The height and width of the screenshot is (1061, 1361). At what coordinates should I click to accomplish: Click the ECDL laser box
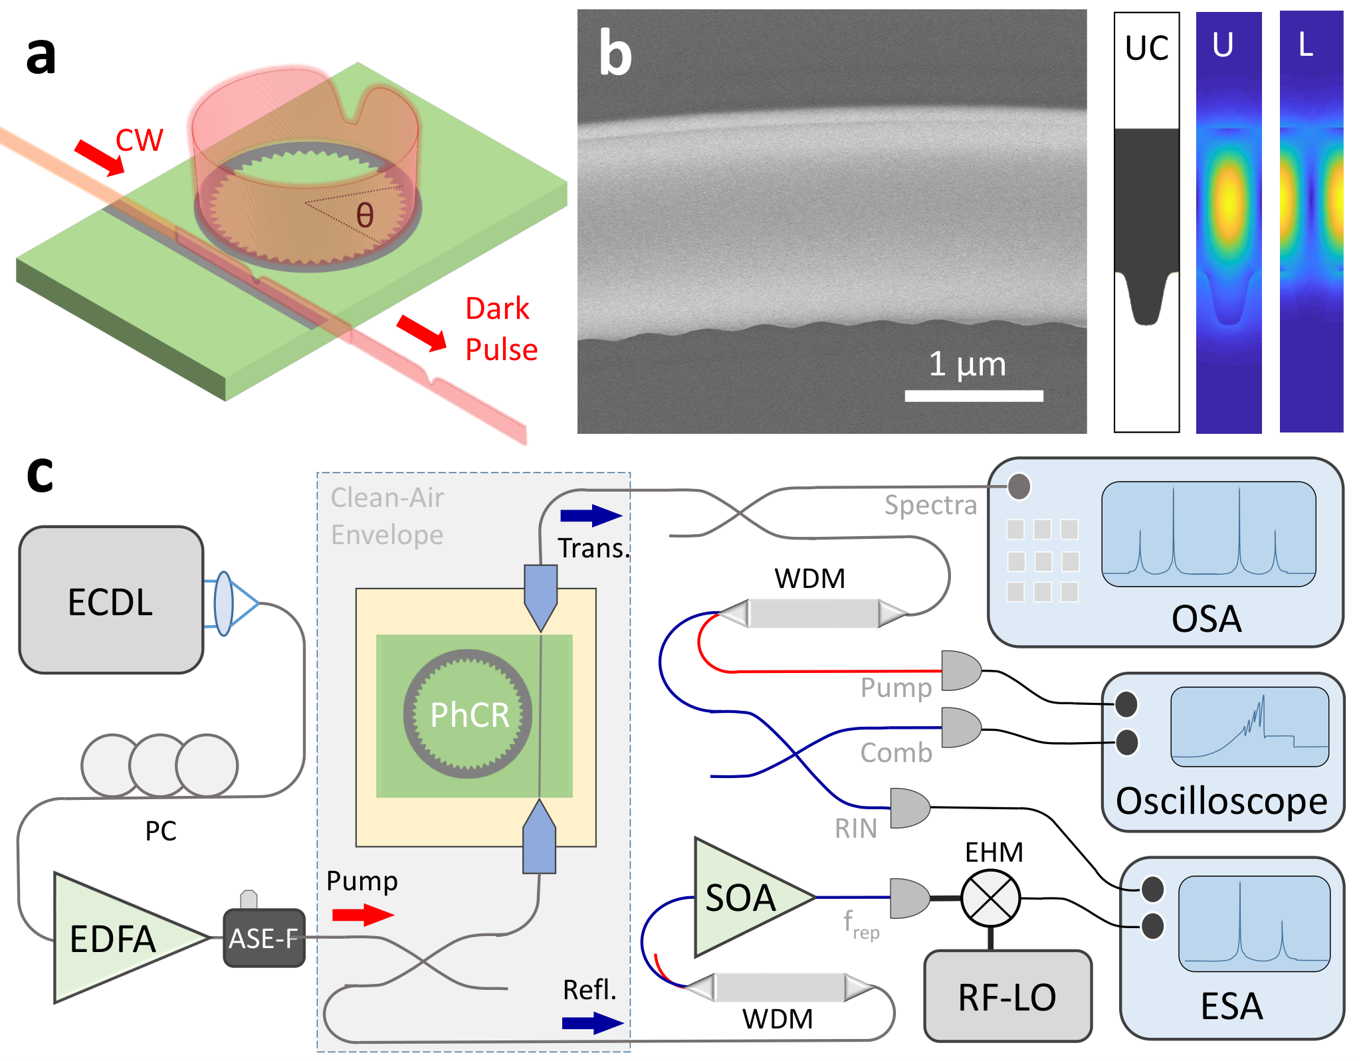pos(111,600)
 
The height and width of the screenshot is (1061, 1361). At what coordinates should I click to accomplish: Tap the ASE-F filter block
pos(264,937)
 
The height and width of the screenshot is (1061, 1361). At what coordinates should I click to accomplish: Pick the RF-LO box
pos(1007,996)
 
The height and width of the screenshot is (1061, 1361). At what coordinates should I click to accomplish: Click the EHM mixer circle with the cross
pos(990,898)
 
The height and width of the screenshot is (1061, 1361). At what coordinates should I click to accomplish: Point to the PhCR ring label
pos(469,715)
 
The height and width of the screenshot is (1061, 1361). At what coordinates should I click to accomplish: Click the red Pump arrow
pos(363,915)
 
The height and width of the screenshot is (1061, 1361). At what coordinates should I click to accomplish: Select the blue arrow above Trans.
pos(591,516)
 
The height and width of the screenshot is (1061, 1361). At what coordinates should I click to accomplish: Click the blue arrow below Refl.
pos(593,1023)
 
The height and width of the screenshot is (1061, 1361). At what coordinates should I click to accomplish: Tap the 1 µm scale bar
pos(974,396)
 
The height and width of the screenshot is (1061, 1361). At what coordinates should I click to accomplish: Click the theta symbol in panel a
pos(365,215)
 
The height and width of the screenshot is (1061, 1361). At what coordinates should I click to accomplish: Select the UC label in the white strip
pos(1146,48)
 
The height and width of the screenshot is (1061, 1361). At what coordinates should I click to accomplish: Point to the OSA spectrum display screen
pos(1209,534)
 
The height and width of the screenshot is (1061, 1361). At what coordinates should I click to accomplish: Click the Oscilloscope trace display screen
pos(1250,727)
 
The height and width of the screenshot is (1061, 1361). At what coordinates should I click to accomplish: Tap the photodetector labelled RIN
pos(910,808)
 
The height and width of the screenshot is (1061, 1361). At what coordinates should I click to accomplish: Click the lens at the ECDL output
pos(224,603)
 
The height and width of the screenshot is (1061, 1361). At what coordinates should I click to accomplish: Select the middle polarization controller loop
pos(160,765)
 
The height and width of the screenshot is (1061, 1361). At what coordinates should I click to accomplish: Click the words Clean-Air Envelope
pos(387,516)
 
